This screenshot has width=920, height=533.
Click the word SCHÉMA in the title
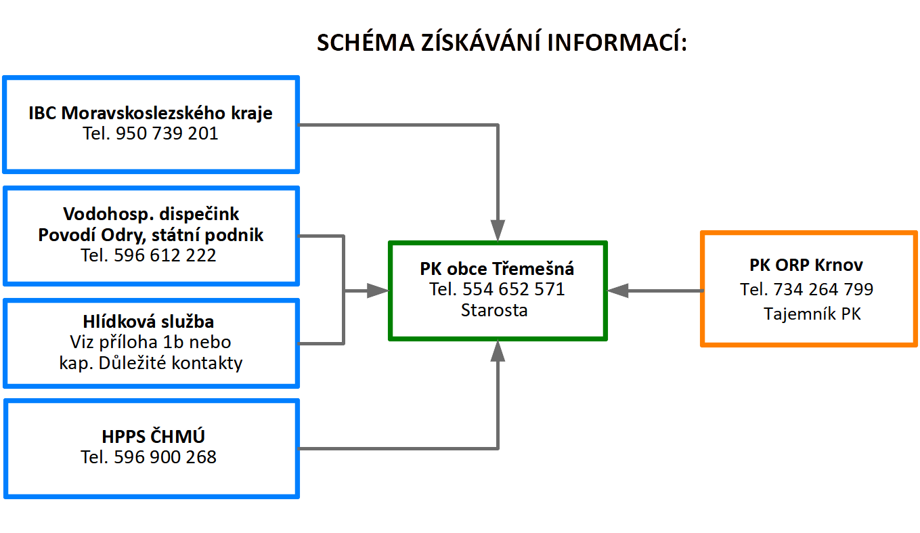(x=366, y=42)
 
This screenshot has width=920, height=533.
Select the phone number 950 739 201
(x=167, y=133)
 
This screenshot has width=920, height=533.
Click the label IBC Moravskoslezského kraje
(x=150, y=113)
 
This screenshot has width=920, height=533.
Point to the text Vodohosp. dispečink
(x=151, y=214)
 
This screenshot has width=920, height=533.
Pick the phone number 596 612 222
(x=165, y=255)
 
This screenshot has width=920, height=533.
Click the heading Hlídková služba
(x=148, y=322)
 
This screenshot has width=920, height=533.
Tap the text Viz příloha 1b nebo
(x=150, y=342)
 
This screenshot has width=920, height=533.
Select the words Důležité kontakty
(x=171, y=363)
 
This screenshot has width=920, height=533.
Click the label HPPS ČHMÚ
(x=153, y=436)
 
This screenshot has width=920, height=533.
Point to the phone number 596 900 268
(x=165, y=457)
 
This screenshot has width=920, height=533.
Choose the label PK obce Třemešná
(x=497, y=269)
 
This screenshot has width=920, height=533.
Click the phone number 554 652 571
(x=513, y=289)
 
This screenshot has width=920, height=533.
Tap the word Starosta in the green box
(x=494, y=310)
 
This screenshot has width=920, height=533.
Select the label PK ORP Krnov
(x=806, y=265)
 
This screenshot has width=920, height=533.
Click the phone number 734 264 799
(x=823, y=289)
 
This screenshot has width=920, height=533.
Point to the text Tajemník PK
(x=812, y=314)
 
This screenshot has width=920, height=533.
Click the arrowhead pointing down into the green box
(x=498, y=230)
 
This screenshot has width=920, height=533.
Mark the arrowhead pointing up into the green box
(x=498, y=351)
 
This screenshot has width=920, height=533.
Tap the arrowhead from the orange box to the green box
(x=617, y=291)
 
